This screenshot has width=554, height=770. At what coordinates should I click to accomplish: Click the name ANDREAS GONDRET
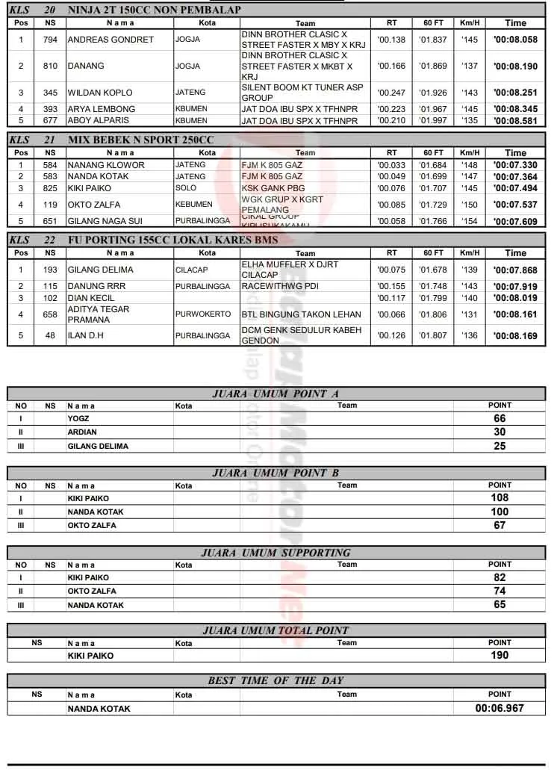pyautogui.click(x=111, y=40)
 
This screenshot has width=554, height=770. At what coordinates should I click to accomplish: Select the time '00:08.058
pyautogui.click(x=515, y=40)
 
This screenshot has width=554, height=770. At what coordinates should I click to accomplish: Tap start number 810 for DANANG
pyautogui.click(x=50, y=66)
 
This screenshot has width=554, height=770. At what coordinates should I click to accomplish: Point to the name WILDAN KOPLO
pyautogui.click(x=100, y=93)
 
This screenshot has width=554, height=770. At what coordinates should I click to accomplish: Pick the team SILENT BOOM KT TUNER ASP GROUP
pyautogui.click(x=302, y=93)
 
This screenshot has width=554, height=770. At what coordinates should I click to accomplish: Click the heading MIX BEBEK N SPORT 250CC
pyautogui.click(x=140, y=140)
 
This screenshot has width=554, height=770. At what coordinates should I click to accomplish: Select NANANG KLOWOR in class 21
pyautogui.click(x=106, y=165)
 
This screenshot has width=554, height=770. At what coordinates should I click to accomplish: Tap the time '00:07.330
pyautogui.click(x=515, y=165)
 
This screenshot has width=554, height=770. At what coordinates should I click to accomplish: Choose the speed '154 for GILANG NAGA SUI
pyautogui.click(x=469, y=221)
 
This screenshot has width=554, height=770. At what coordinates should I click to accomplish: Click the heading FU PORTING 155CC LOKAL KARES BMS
pyautogui.click(x=172, y=240)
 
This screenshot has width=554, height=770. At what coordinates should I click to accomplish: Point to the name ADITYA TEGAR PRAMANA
pyautogui.click(x=99, y=314)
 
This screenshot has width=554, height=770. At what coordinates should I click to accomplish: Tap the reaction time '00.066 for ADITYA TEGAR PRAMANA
pyautogui.click(x=391, y=314)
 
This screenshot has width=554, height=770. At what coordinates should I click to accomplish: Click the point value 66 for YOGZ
pyautogui.click(x=499, y=418)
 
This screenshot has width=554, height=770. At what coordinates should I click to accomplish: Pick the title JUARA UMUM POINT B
pyautogui.click(x=276, y=473)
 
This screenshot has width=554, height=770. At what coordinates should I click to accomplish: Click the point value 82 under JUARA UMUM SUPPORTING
pyautogui.click(x=499, y=577)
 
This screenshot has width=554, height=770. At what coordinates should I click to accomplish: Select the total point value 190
pyautogui.click(x=499, y=655)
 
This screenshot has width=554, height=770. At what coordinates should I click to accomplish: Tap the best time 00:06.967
pyautogui.click(x=499, y=708)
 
